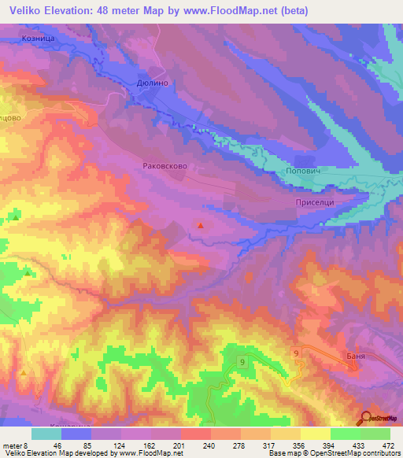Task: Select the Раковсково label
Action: coord(165,166)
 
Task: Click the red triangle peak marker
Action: coord(201,227)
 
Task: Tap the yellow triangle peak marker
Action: coord(24,371)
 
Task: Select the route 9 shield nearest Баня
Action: coord(296,355)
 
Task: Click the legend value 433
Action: coord(357,445)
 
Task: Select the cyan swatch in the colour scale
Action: coord(46,434)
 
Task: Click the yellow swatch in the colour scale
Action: coord(316,434)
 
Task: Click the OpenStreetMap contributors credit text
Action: coord(346,454)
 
